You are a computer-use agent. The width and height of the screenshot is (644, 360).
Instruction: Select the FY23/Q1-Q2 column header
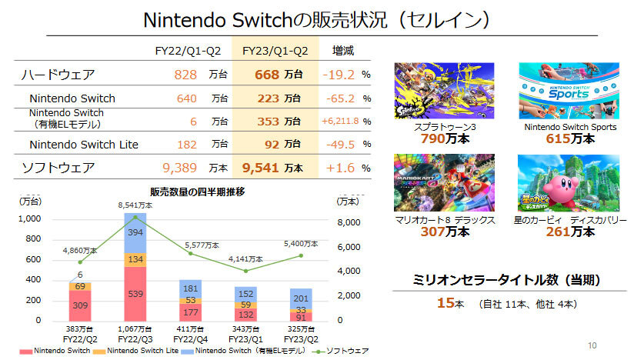click(275, 51)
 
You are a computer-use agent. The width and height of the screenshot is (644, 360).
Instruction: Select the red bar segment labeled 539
click(135, 294)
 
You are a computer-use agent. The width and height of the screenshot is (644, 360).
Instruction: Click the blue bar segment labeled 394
click(135, 232)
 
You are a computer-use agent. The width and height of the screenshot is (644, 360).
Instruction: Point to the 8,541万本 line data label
click(135, 205)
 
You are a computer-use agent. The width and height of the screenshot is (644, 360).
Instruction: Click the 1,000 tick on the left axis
click(28, 219)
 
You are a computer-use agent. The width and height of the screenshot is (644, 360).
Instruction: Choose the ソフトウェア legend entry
click(338, 351)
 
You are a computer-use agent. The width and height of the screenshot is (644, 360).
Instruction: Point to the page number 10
click(592, 344)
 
